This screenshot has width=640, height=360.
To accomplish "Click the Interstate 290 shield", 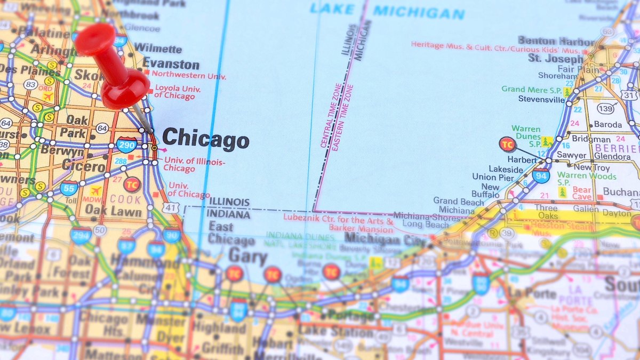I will [126, 144].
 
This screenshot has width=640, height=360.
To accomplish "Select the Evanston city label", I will [171, 65].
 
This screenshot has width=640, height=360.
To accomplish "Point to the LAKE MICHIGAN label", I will [387, 11].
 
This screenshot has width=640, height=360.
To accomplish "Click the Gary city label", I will [247, 258].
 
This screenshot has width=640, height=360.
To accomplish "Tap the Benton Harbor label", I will [556, 41].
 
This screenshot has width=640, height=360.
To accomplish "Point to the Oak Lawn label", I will [114, 212].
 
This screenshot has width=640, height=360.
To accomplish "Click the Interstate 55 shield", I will [69, 187].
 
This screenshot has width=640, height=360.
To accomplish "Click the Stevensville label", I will [541, 99].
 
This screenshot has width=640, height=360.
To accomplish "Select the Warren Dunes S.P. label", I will [526, 136].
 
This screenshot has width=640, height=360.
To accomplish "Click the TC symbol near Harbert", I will [507, 143].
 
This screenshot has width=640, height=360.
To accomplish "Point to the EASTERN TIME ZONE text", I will [342, 118].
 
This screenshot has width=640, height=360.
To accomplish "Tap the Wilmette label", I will [158, 48].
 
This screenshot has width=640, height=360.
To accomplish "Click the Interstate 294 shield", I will [81, 235].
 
